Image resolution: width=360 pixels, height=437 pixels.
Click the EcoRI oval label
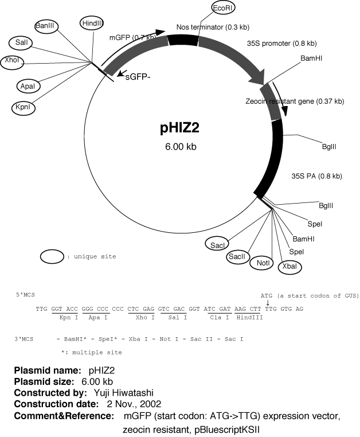pyautogui.click(x=223, y=9)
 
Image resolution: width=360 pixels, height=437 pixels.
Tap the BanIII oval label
pyautogui.click(x=45, y=26)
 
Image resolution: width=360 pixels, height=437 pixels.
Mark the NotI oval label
pyautogui.click(x=263, y=263)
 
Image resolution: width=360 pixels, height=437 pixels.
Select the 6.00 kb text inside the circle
pyautogui.click(x=180, y=147)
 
